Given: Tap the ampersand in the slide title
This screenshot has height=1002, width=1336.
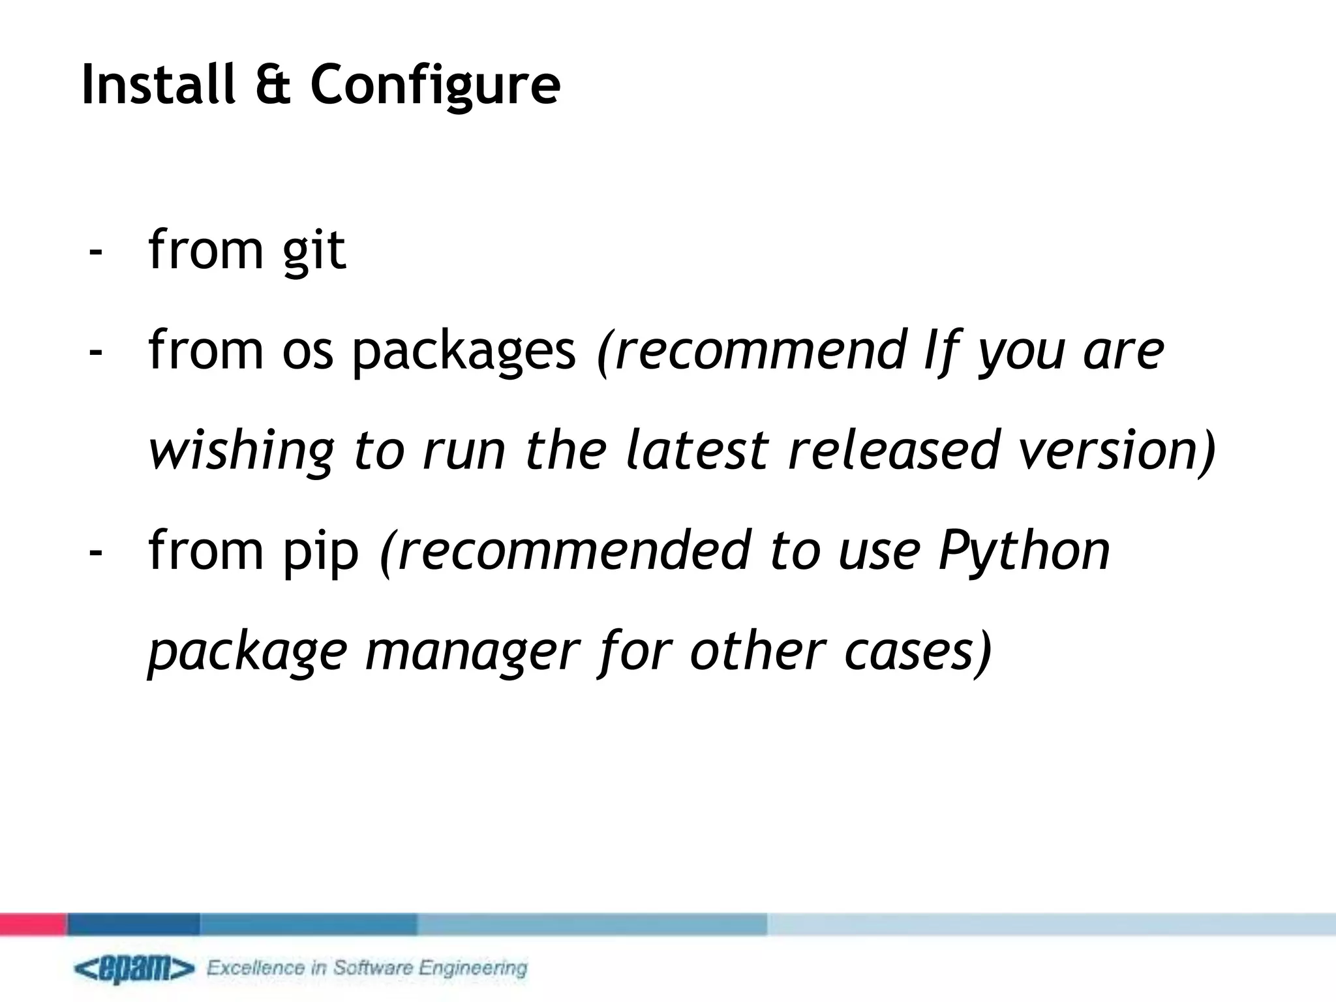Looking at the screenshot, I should coord(273,85).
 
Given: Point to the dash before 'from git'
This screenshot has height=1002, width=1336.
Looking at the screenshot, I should coord(96,251).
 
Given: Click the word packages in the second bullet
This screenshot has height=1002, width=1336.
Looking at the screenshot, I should coord(464,352).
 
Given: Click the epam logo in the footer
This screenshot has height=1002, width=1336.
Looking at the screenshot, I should coord(134,969).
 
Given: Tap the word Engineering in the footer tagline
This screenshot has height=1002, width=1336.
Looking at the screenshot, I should coord(472,968).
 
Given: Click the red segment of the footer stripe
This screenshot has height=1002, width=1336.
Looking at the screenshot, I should coord(33,924).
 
